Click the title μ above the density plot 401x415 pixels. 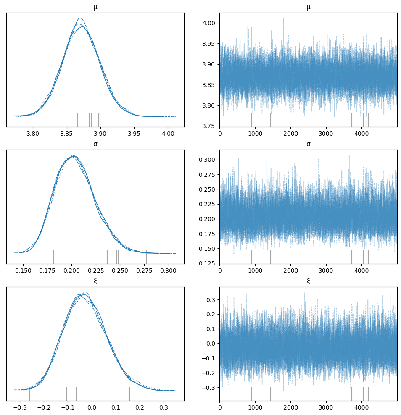pos(95,7)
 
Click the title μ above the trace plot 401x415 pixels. pos(309,7)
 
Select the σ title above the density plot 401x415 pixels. pos(95,144)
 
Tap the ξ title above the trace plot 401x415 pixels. pos(309,281)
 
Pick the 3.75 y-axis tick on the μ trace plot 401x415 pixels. pos(208,126)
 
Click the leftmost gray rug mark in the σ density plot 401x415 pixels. pos(54,256)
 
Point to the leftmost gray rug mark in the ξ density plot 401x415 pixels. pos(30,394)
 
